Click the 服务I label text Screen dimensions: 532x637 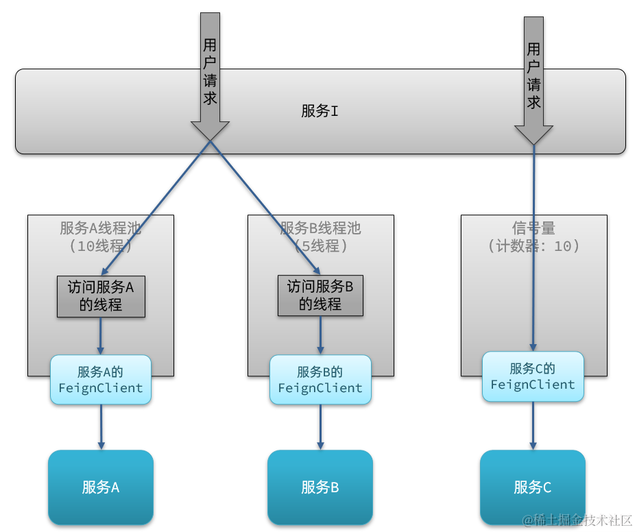click(x=320, y=111)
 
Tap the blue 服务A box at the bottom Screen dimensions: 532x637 click(x=100, y=487)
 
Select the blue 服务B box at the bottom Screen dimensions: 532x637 click(x=320, y=487)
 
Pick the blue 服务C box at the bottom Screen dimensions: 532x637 click(x=533, y=487)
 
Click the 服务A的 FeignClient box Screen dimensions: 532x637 click(x=101, y=380)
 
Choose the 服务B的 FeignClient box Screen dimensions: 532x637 click(x=320, y=380)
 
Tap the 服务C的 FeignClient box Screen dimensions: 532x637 click(x=533, y=376)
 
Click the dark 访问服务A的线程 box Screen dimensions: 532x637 click(x=101, y=296)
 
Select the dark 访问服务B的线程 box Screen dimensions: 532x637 click(x=320, y=296)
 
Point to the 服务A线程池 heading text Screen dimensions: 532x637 click(x=100, y=228)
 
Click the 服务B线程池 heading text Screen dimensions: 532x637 click(x=320, y=228)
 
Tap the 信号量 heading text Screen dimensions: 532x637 click(x=533, y=228)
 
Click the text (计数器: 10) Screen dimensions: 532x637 click(x=533, y=245)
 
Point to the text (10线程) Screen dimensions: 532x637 click(x=100, y=245)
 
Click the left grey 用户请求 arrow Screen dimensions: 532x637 click(x=210, y=75)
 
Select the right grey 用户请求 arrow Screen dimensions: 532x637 click(x=533, y=79)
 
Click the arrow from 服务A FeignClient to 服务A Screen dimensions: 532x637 click(x=101, y=426)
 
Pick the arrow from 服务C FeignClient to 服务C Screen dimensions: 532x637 click(x=533, y=425)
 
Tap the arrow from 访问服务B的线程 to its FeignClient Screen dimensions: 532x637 click(x=320, y=335)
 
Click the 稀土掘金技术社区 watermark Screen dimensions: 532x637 click(x=577, y=520)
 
